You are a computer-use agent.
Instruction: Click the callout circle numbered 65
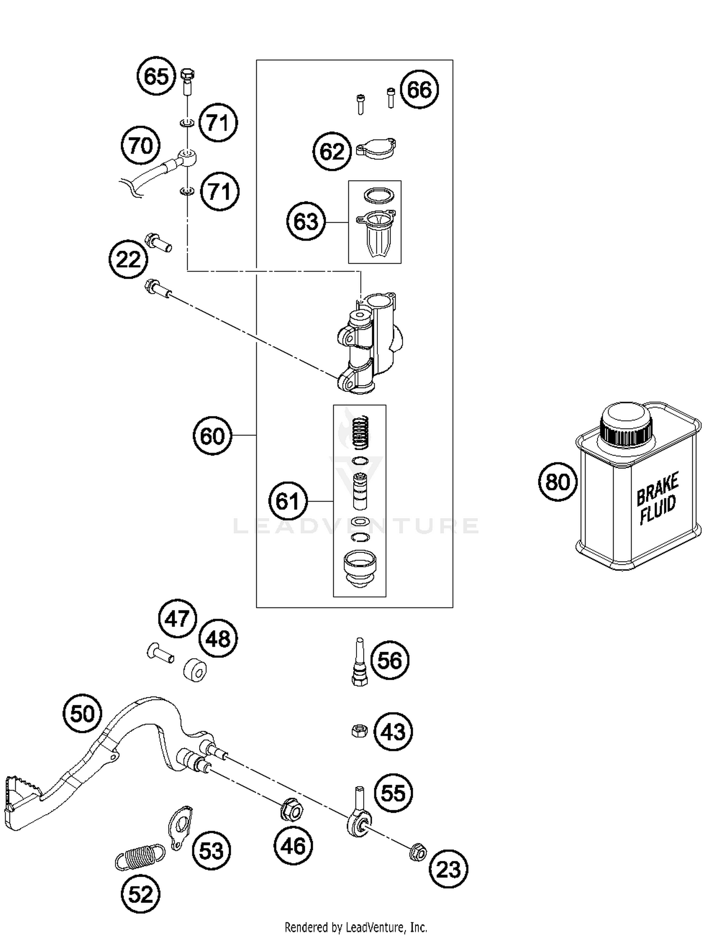click(x=156, y=76)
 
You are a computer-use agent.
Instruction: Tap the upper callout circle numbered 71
click(x=218, y=123)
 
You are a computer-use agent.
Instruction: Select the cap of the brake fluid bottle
click(x=626, y=425)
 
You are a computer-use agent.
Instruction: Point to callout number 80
click(x=558, y=482)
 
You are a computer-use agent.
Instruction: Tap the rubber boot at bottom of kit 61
click(x=360, y=568)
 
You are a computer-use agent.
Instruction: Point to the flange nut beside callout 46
click(x=291, y=809)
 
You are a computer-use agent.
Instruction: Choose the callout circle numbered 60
click(x=212, y=436)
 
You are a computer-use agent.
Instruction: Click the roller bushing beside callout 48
click(x=195, y=670)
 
